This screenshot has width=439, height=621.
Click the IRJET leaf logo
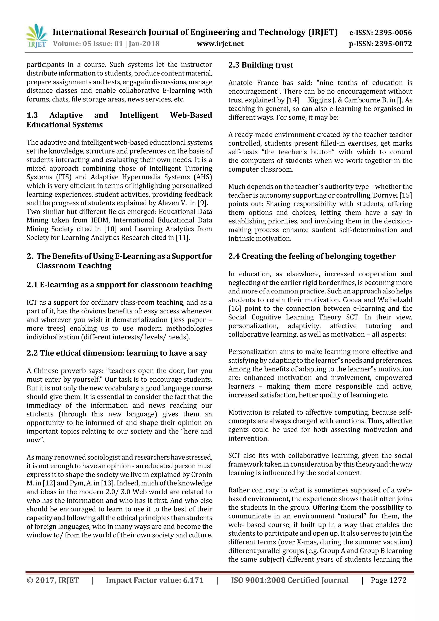point(36,35)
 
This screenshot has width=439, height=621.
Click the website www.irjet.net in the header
point(220,44)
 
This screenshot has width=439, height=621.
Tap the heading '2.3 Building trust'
point(261,65)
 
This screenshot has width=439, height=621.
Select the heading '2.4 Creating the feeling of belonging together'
point(312,256)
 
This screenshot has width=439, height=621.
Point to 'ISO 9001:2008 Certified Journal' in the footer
point(290,580)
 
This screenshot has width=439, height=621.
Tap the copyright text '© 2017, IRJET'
point(53,580)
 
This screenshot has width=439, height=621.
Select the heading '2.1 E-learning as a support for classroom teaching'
point(119,285)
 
